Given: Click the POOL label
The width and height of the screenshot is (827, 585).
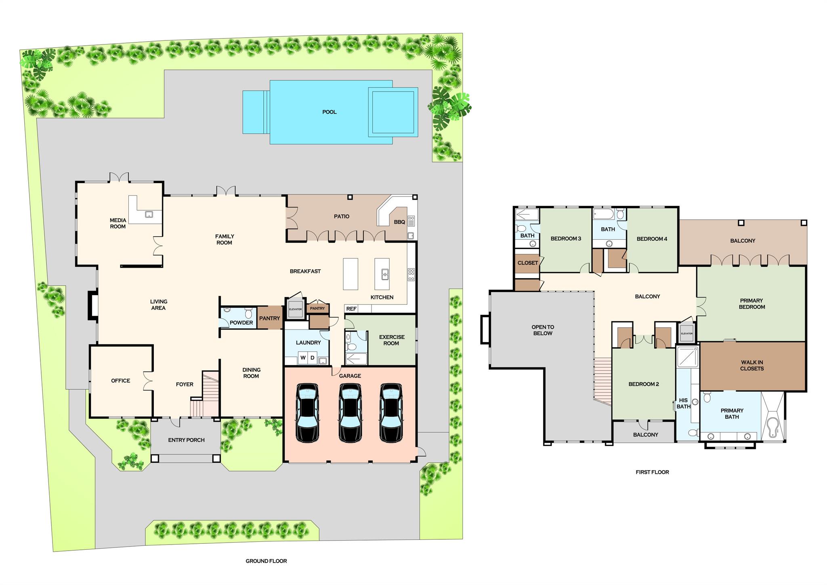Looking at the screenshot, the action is (x=329, y=112).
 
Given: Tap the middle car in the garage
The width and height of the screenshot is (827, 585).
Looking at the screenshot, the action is (x=350, y=412).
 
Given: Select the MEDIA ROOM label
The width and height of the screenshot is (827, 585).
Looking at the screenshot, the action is (x=118, y=223).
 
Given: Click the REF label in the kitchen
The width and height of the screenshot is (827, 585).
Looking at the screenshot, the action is (x=351, y=309).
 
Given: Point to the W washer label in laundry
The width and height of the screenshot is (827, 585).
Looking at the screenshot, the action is (x=303, y=358).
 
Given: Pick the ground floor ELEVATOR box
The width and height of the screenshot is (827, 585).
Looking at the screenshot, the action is (x=295, y=308).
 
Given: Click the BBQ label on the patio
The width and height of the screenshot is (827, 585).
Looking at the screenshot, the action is (x=399, y=222).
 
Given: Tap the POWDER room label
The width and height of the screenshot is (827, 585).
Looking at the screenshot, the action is (x=241, y=323).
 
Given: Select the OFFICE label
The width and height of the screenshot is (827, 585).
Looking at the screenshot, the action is (x=120, y=380).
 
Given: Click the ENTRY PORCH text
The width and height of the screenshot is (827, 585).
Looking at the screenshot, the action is (x=186, y=440).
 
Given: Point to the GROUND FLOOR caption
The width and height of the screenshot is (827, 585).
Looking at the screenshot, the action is (x=266, y=561).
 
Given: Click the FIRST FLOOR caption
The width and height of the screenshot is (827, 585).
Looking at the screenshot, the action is (x=652, y=472).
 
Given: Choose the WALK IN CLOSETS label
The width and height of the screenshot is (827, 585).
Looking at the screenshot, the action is (x=752, y=365).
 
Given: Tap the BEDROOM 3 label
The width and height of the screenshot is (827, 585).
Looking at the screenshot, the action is (x=566, y=239).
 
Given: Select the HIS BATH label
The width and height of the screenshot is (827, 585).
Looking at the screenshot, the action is (x=683, y=403).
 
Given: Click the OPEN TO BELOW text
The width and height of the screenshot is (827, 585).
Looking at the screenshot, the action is (x=543, y=330).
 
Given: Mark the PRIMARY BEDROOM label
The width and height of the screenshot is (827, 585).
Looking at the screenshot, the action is (x=751, y=304).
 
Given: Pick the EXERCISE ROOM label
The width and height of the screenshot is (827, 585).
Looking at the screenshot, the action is (x=392, y=340).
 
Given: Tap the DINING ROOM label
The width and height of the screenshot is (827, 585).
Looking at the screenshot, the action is (x=251, y=373).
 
